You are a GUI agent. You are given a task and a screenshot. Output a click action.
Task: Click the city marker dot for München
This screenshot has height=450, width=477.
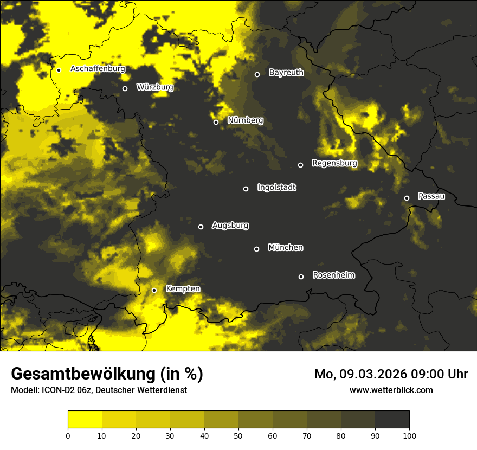257,249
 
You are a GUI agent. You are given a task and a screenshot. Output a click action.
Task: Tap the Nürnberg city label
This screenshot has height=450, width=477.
246,120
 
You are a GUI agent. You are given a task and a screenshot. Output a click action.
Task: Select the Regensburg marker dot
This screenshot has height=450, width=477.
300,165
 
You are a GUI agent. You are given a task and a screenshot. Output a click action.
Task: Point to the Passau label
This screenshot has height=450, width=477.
431,196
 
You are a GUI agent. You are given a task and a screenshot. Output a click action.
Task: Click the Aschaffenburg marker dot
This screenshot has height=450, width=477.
59,70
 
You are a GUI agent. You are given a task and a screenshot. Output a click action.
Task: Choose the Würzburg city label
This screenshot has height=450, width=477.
155,87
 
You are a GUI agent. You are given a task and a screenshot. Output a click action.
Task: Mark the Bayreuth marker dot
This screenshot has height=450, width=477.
257,74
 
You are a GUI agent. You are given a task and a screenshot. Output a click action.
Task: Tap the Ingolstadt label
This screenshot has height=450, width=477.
277,188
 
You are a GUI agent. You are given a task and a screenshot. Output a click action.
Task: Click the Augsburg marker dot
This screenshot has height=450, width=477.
201,227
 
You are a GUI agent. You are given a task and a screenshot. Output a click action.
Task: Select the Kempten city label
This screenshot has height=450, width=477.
183,288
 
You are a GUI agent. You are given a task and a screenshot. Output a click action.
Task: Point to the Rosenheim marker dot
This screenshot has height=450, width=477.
301,277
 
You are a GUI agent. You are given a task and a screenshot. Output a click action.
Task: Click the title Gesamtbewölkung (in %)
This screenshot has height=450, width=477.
107,374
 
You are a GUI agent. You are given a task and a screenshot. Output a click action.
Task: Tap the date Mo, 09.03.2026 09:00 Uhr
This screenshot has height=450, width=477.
391,374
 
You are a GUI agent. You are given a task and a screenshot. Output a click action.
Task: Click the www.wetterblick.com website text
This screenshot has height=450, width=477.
391,390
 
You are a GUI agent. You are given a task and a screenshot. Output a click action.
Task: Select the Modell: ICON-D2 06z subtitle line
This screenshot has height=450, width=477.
99,390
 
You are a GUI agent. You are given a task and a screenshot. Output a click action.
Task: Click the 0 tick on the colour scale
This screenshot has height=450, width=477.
68,435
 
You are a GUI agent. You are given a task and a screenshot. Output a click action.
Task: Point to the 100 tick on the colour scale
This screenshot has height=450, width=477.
409,435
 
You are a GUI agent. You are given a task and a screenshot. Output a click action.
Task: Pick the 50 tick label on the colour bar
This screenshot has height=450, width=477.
238,435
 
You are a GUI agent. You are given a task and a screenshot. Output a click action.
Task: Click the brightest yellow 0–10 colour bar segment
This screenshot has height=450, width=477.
85,419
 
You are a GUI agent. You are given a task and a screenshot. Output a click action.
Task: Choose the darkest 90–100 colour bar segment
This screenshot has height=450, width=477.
392,419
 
